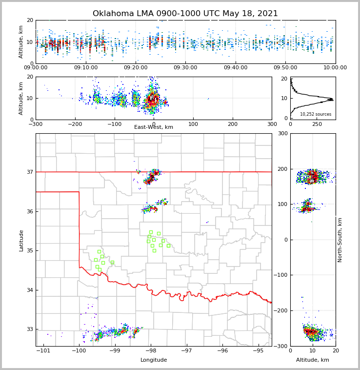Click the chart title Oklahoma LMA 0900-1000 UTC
185,14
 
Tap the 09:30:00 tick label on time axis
185,68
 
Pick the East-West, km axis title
154,127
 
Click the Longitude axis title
154,360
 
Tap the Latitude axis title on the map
21,240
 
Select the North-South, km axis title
340,240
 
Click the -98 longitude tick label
150,351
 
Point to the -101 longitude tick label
43,351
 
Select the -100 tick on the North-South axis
282,275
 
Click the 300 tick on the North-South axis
282,133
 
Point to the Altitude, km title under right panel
313,360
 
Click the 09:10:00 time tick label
86,68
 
